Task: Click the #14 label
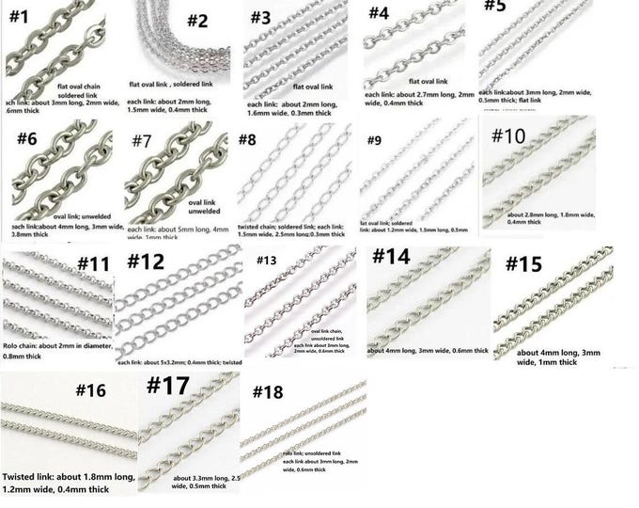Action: [398, 258]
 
